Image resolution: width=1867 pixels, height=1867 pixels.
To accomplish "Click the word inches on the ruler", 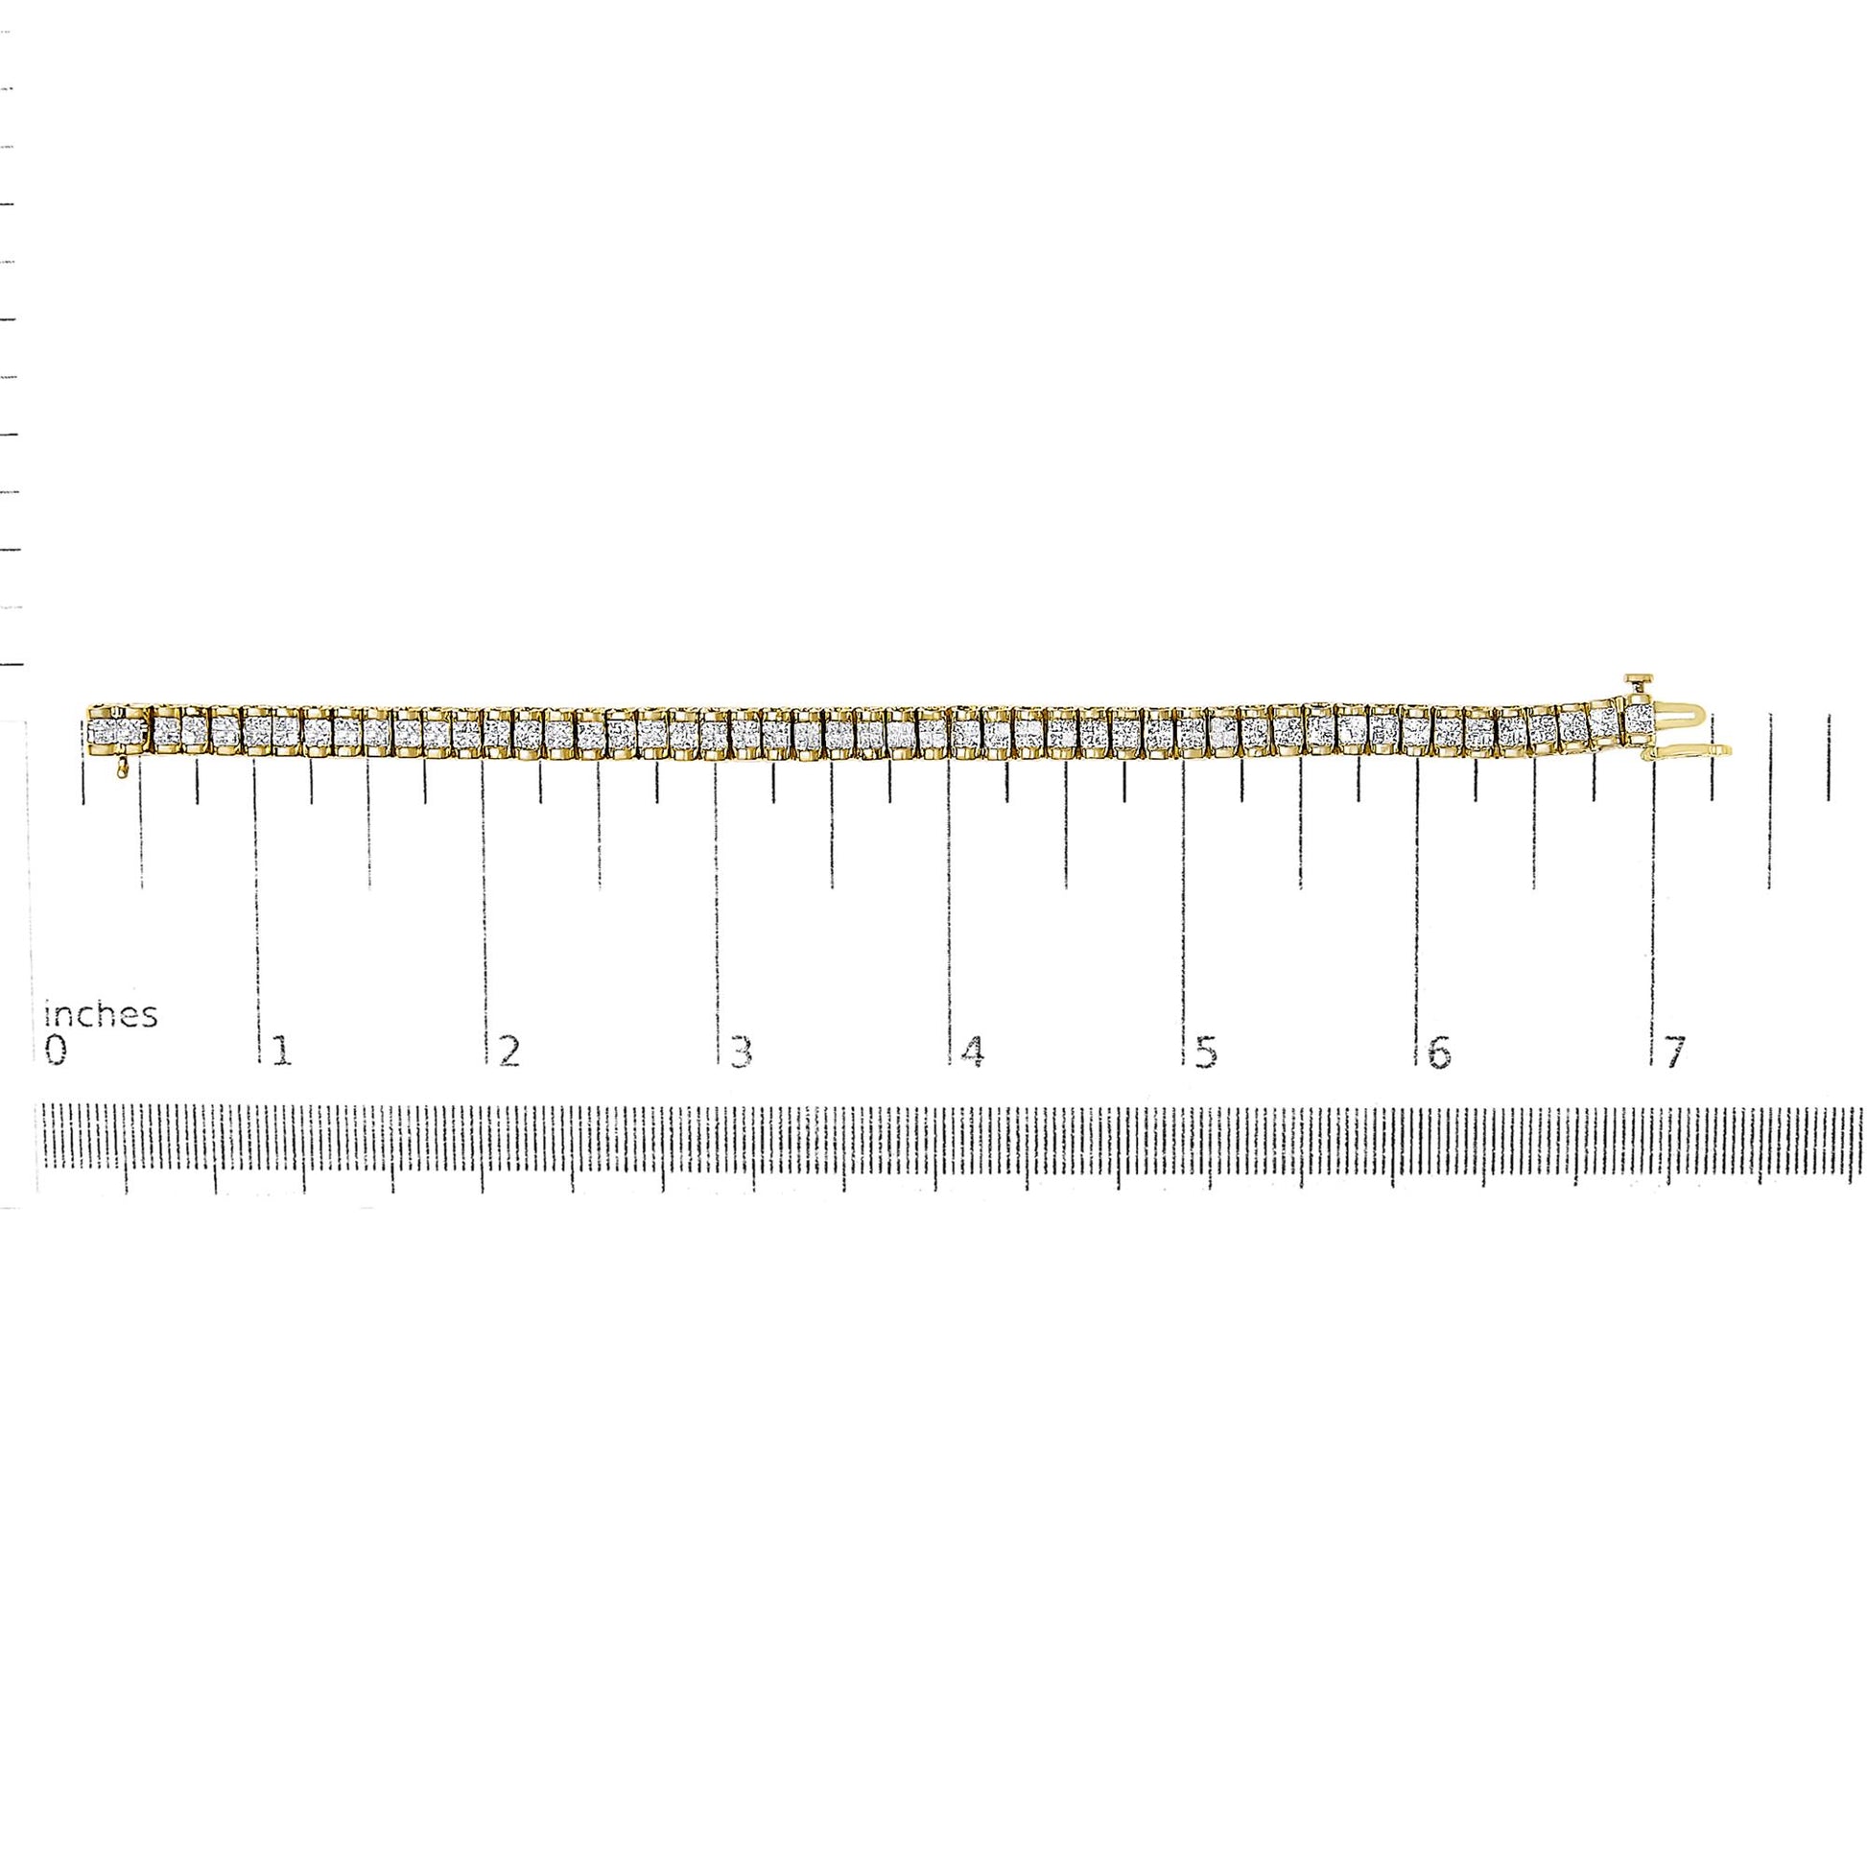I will pyautogui.click(x=102, y=1015).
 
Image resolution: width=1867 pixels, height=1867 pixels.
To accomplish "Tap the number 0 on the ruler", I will pyautogui.click(x=56, y=1051).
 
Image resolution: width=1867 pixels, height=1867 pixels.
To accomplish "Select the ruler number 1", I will pyautogui.click(x=281, y=1051).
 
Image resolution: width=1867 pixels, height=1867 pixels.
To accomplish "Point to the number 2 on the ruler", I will pyautogui.click(x=508, y=1051).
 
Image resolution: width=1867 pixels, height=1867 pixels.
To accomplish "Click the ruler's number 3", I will pyautogui.click(x=741, y=1051).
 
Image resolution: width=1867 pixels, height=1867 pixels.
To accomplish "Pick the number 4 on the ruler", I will pyautogui.click(x=972, y=1051).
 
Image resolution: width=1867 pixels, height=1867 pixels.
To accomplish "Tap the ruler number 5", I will pyautogui.click(x=1205, y=1051).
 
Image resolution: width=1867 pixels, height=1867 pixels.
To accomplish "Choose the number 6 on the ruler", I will pyautogui.click(x=1438, y=1051).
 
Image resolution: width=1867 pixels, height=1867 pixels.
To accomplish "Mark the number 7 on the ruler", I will pyautogui.click(x=1673, y=1051).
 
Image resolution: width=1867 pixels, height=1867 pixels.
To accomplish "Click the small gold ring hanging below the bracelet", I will pyautogui.click(x=121, y=769).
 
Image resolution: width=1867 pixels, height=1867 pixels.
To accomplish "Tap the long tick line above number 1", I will pyautogui.click(x=257, y=899).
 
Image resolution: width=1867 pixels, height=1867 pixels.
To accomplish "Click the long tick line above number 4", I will pyautogui.click(x=949, y=899).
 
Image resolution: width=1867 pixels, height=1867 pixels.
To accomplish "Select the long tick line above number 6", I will pyautogui.click(x=1418, y=899).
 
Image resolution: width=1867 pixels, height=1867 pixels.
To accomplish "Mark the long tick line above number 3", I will pyautogui.click(x=716, y=899).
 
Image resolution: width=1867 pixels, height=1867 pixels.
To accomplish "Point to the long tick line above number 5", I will pyautogui.click(x=1185, y=899).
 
